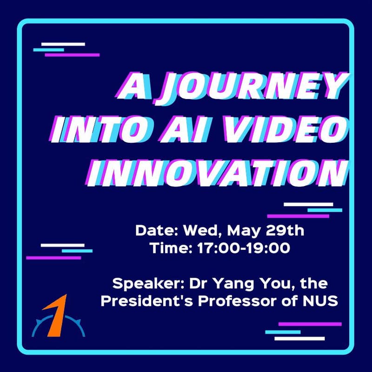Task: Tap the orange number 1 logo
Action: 57,314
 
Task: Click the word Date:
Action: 157,230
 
